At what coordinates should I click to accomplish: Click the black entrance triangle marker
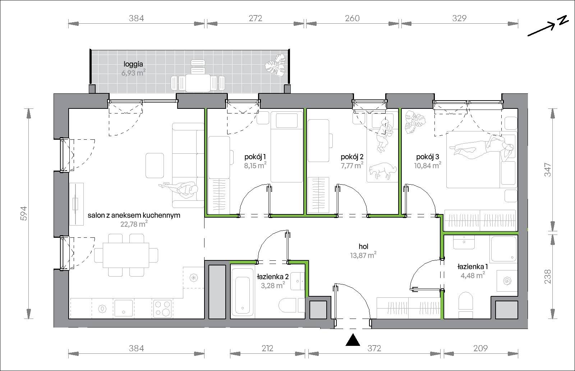click(x=353, y=340)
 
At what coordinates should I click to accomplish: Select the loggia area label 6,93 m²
click(x=133, y=73)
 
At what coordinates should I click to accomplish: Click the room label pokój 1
click(x=255, y=157)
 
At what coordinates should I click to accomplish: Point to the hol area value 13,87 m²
click(x=363, y=255)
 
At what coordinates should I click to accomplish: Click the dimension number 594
click(x=23, y=213)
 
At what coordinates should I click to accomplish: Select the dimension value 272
click(x=256, y=18)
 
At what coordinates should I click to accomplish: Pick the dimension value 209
click(x=480, y=348)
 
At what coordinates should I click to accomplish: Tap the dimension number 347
click(x=548, y=170)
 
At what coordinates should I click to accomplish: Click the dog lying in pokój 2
click(x=383, y=170)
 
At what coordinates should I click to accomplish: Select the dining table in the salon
click(x=126, y=255)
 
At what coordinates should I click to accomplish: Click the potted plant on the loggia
click(x=275, y=65)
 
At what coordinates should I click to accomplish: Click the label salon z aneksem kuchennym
click(x=134, y=215)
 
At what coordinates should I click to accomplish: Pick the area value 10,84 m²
click(x=427, y=166)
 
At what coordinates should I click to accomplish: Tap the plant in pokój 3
click(x=415, y=122)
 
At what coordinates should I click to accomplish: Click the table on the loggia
click(x=198, y=83)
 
